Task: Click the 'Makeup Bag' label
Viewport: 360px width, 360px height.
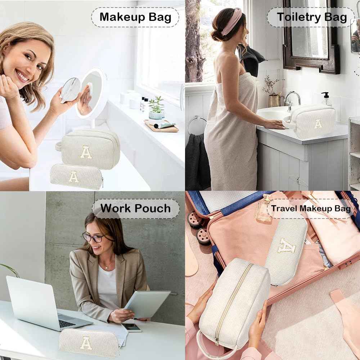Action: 135,17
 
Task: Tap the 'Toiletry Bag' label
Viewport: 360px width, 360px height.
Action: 311,17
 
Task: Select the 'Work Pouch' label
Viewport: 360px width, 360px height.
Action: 135,208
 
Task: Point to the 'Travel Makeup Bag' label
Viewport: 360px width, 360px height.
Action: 311,208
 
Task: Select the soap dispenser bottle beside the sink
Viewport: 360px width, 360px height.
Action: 327,99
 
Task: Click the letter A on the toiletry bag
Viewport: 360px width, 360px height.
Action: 318,123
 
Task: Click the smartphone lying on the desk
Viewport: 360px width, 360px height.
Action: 131,327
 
